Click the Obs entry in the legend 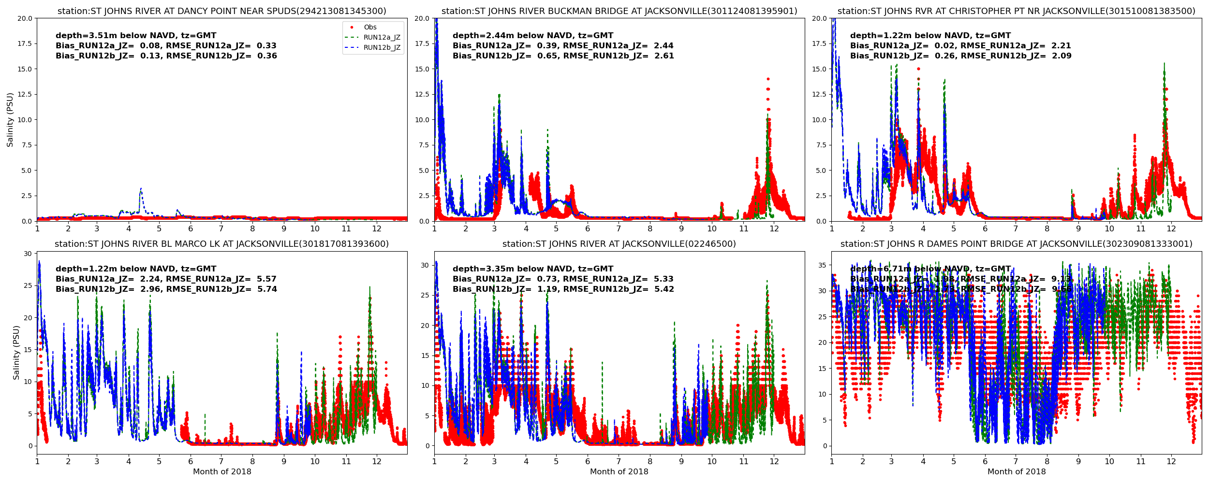(x=370, y=28)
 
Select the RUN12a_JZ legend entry (x=382, y=38)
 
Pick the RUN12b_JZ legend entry (x=382, y=48)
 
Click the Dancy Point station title (x=222, y=11)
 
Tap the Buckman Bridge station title (x=619, y=11)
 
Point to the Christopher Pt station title (x=1017, y=11)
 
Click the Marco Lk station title (x=222, y=244)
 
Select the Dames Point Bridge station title (x=1017, y=244)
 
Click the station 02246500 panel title (x=619, y=244)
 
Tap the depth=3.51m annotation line (x=136, y=36)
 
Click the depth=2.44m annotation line (x=533, y=36)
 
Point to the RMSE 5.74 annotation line (x=166, y=289)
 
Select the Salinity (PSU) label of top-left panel (x=10, y=120)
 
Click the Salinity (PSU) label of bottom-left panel (x=16, y=353)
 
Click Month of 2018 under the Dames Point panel (x=1017, y=472)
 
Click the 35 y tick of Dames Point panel (x=822, y=265)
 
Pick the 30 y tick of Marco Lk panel (x=28, y=254)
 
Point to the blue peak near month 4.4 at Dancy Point (x=141, y=189)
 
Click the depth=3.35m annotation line (x=533, y=269)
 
